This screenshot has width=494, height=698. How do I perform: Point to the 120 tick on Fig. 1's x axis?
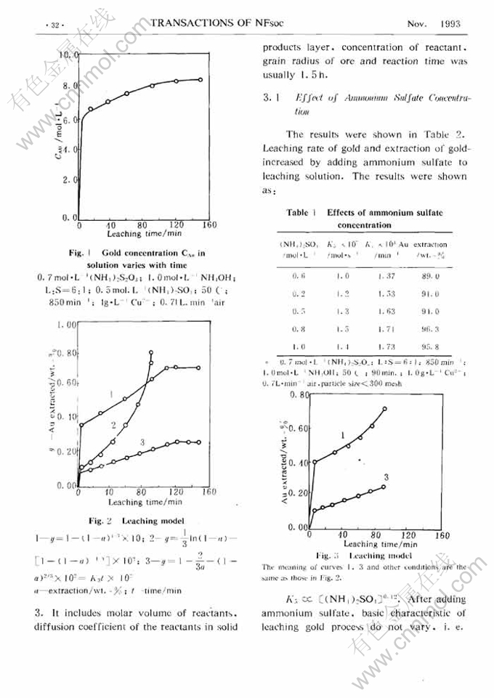177,225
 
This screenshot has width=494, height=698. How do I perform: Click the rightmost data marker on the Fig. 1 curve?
200,80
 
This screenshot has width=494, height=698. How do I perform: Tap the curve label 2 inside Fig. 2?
114,423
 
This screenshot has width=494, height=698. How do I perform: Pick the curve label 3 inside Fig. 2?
142,442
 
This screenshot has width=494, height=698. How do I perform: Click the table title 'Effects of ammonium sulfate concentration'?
385,219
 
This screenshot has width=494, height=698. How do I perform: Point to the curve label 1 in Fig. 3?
342,434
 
